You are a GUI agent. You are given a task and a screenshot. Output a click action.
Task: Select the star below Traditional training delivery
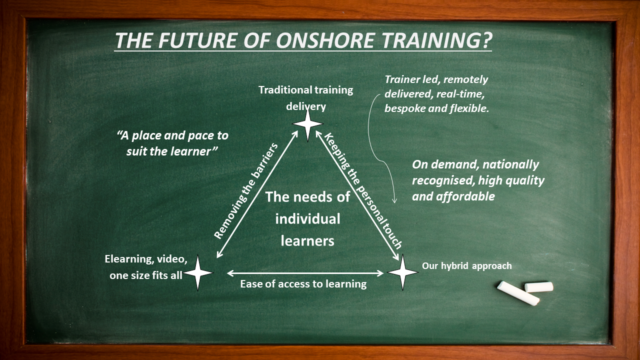pos(307,124)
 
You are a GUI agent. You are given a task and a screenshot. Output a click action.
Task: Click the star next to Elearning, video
pos(198,273)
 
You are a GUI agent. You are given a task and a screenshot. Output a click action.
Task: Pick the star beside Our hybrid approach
pos(403,272)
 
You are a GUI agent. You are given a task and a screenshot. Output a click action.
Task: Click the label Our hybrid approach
pos(467,265)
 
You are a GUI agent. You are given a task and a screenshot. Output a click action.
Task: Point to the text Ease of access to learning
pos(303,284)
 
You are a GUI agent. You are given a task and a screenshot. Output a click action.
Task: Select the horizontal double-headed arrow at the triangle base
pos(305,273)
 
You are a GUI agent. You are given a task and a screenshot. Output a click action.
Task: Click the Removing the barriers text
pos(245,191)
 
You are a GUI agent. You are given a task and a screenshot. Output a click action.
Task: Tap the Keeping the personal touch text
pos(363,190)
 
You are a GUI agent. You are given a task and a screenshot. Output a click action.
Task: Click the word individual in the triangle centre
pos(307,219)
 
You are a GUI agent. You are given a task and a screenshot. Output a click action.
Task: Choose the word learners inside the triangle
pos(307,241)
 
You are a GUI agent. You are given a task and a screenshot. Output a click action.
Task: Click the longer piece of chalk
pos(518,293)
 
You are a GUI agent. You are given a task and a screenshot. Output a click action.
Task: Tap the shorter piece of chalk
pos(539,287)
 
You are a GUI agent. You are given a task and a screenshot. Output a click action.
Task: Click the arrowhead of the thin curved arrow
pos(394,201)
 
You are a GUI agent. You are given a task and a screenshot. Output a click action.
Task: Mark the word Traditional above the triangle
pos(282,90)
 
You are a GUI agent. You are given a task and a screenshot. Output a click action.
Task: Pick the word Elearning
pos(127,259)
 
